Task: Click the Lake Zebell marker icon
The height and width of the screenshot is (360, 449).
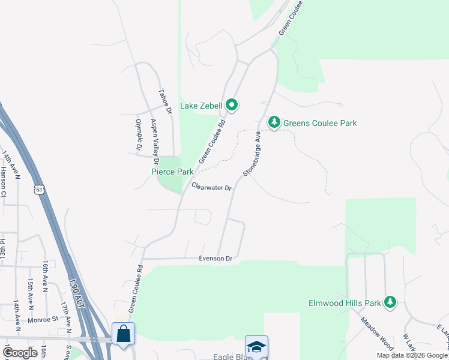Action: (232, 106)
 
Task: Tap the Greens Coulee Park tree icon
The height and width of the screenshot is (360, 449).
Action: (274, 122)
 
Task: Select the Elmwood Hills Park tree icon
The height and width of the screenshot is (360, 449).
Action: (391, 302)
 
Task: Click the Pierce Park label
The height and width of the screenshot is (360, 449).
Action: (172, 172)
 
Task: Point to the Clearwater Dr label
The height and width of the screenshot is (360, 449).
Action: (211, 187)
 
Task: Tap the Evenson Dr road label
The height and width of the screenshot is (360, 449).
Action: (215, 259)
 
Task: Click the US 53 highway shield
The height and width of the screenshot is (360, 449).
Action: (39, 189)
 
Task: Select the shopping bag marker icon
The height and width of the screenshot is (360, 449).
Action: (123, 334)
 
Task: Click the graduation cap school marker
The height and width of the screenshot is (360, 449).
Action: (256, 346)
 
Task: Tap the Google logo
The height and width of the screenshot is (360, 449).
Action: (20, 353)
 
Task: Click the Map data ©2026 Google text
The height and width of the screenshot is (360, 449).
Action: (412, 355)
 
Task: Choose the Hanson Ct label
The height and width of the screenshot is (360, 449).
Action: (3, 181)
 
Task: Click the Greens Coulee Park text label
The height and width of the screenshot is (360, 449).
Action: (320, 123)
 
